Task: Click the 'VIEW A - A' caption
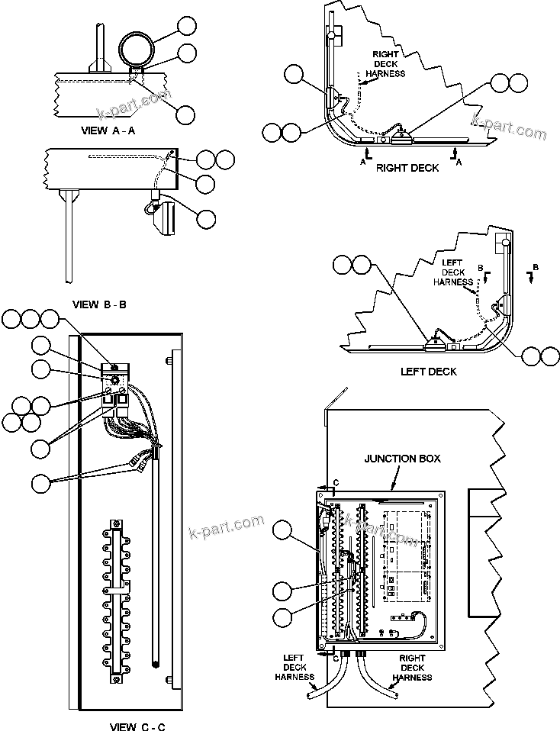(108, 130)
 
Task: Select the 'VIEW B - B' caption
(99, 304)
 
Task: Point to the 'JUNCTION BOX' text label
(402, 459)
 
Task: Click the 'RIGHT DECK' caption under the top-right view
(407, 167)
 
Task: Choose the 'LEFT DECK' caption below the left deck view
(429, 372)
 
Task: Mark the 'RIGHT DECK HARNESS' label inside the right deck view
(385, 65)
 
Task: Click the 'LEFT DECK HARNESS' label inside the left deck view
(452, 272)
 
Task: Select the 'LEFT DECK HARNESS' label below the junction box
(294, 667)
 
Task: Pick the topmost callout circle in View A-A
(185, 26)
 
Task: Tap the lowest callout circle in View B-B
(206, 218)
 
